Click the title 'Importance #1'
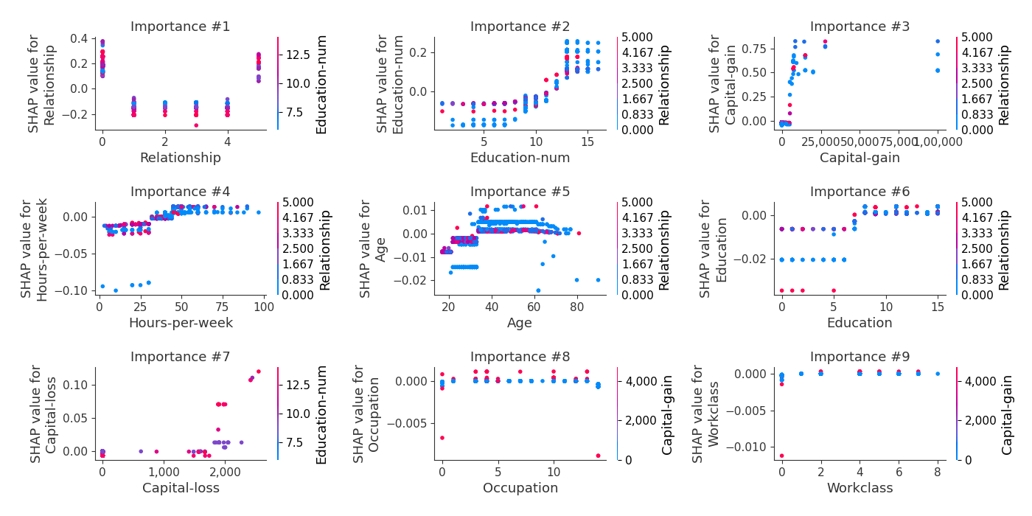180,27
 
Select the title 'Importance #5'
520,192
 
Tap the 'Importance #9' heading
860,358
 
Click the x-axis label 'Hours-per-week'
181,323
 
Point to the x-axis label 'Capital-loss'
181,488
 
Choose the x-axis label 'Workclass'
860,488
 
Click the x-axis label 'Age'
520,323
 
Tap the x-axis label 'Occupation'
520,488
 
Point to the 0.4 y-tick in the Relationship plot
79,38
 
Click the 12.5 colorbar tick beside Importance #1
295,55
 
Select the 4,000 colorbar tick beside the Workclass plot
979,381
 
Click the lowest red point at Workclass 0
781,456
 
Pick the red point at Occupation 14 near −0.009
598,456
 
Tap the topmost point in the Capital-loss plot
258,372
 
